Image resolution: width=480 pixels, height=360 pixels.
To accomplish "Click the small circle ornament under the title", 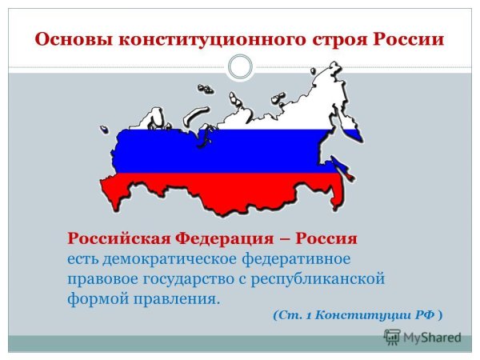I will [x=240, y=66].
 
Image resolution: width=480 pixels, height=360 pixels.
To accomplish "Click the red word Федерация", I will [x=226, y=239].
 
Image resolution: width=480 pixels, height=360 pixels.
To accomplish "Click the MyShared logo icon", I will [x=392, y=338].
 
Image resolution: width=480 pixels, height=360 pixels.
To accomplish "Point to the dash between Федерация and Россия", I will [x=284, y=239].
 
